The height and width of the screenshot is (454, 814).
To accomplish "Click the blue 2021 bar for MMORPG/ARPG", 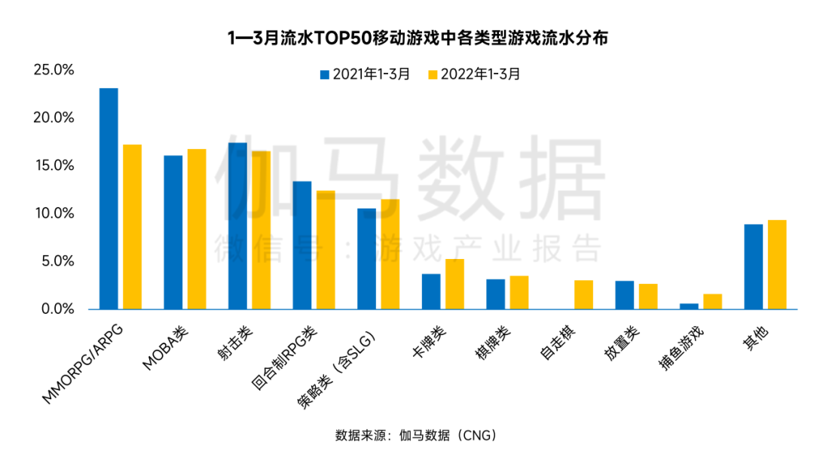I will [109, 199].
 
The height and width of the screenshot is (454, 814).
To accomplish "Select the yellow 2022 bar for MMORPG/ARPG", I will [132, 227].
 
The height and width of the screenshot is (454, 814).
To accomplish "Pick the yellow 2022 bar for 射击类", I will [261, 230].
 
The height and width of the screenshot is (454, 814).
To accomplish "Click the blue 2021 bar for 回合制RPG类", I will [302, 245].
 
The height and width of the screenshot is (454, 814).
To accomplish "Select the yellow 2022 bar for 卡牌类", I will [454, 284].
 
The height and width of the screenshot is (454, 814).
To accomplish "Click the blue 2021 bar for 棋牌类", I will [495, 294].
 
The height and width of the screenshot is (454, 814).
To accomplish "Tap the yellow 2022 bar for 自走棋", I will [583, 294].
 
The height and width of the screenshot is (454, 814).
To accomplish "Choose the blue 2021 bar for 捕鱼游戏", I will [689, 306].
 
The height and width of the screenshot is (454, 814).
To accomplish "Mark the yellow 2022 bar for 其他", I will [777, 264].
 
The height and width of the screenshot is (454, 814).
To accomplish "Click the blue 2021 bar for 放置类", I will [624, 295].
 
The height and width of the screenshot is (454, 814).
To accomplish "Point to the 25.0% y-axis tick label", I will [54, 70].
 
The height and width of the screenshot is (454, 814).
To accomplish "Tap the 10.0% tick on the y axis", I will [54, 214].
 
